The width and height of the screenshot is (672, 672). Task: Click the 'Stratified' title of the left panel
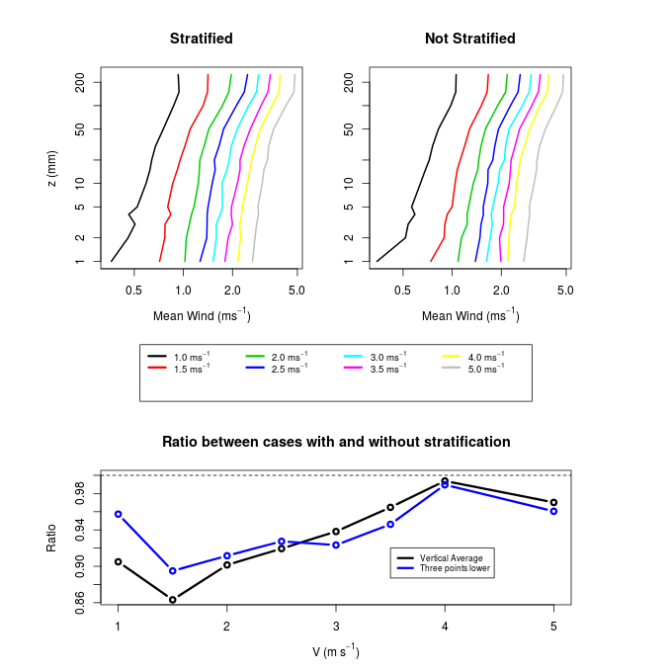[x=202, y=39]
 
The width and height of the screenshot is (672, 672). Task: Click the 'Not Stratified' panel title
[x=470, y=39]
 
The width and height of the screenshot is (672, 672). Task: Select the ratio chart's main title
[x=336, y=442]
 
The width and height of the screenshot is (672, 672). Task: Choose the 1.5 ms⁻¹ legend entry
[x=191, y=368]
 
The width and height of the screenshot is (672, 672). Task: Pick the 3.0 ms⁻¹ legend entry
[x=387, y=356]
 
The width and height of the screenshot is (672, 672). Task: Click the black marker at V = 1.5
[x=173, y=600]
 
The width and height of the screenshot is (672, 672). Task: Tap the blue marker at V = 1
[x=119, y=514]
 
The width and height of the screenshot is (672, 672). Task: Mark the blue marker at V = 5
[x=554, y=511]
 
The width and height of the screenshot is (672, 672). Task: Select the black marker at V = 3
[x=336, y=532]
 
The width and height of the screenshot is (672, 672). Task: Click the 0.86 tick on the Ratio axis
[x=80, y=602]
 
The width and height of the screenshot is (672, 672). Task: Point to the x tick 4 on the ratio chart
[x=445, y=627]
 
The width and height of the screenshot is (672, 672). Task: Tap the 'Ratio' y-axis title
[x=51, y=537]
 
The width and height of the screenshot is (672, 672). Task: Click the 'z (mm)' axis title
[x=51, y=169]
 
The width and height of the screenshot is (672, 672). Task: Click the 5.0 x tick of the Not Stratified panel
[x=565, y=291]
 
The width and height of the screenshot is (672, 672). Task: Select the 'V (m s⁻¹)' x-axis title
[x=336, y=651]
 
